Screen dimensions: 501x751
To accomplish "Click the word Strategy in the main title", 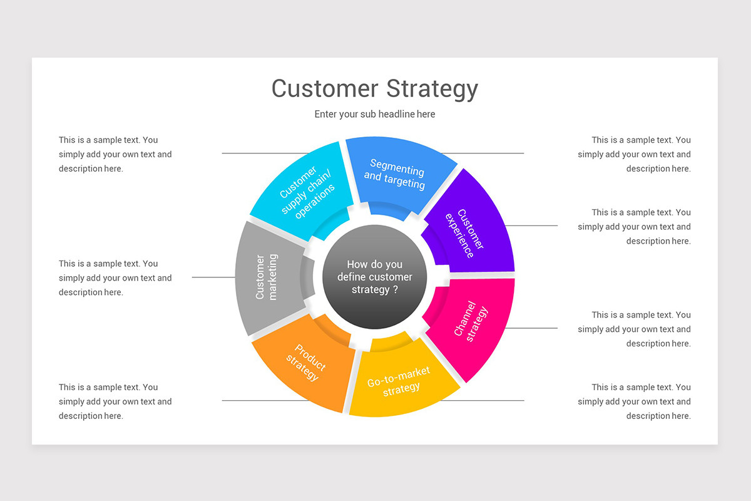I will [432, 89].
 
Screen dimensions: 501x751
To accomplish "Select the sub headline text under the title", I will [375, 114].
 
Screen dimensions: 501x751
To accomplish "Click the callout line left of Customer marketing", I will [213, 277].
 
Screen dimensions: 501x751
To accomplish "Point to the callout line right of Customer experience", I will [531, 225].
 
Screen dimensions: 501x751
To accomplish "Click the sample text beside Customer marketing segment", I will [115, 277].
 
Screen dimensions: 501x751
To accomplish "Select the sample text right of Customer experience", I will [635, 227].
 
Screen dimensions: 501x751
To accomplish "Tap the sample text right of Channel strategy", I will [635, 329].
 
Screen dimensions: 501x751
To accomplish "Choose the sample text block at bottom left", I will [115, 401].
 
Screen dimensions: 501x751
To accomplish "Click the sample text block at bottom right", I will [635, 401].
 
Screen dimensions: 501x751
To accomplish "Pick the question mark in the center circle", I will [395, 289].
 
